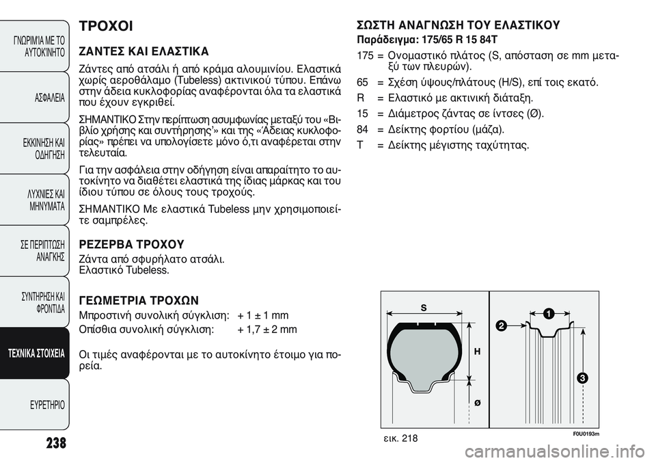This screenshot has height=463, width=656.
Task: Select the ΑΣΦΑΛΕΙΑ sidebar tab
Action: click(x=48, y=98)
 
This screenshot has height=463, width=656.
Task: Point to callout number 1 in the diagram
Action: click(x=548, y=313)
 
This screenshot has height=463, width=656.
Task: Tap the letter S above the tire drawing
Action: click(x=423, y=307)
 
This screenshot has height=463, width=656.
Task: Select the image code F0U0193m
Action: click(x=586, y=434)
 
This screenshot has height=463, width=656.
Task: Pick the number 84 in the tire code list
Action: click(x=362, y=129)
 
